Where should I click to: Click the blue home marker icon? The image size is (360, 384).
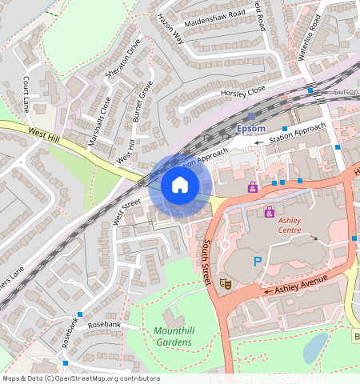tap(180, 186)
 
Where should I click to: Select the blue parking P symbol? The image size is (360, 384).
tap(257, 262)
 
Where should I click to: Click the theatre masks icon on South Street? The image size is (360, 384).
tap(226, 283)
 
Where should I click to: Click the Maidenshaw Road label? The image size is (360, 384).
tap(214, 14)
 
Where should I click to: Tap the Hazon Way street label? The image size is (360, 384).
tap(170, 28)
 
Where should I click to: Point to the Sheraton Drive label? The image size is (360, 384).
tap(122, 58)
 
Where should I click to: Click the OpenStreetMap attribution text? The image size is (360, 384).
tap(80, 378)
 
